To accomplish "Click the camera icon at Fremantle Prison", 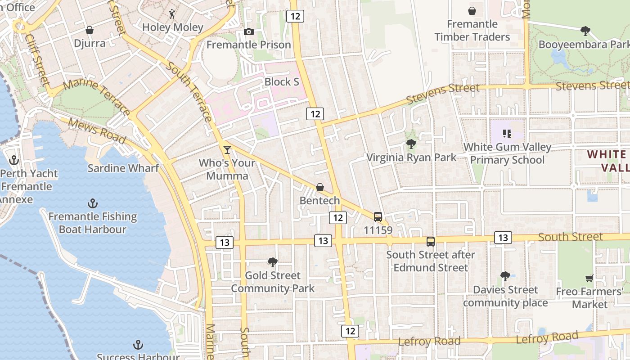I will click(248, 31).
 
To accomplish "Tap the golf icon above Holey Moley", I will click(172, 14).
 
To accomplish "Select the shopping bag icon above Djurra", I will click(90, 30).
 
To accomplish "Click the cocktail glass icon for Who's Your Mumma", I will click(227, 149).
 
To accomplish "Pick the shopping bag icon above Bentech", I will click(320, 187).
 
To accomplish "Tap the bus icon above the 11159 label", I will click(378, 217).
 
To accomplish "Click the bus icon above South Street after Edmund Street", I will click(431, 242).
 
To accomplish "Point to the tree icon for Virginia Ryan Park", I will click(411, 144).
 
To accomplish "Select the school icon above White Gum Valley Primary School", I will click(507, 134).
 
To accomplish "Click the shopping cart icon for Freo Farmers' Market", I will click(589, 279).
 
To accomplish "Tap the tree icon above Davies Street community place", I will click(505, 276).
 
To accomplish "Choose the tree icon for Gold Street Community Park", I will click(272, 262).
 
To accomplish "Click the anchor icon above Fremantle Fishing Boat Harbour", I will click(92, 203).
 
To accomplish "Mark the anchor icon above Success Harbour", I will click(138, 345).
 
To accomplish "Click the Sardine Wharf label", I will click(123, 168).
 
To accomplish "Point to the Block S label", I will click(282, 82).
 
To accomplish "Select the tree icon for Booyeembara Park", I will click(585, 31).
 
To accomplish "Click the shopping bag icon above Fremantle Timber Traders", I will click(472, 11).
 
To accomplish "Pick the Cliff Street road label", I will click(37, 59).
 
